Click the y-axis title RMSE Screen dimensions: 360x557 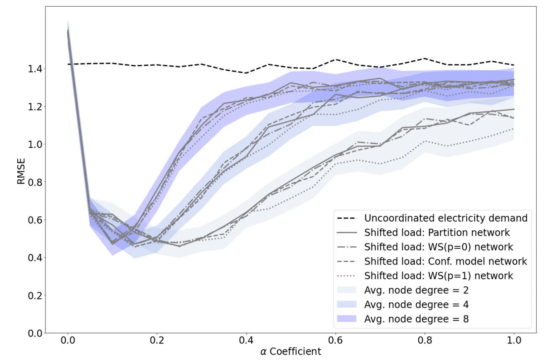21,171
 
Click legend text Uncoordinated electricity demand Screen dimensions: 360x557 446,218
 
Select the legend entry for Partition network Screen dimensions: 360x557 437,232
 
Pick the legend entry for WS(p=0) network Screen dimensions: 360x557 438,247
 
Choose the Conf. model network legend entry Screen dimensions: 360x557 446,261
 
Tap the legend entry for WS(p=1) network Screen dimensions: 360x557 438,276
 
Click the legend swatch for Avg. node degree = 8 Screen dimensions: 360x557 347,319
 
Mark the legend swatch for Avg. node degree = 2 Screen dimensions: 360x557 347,290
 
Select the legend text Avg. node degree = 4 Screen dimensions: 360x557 416,304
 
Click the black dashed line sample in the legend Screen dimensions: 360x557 347,218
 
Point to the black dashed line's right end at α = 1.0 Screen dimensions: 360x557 513,65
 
